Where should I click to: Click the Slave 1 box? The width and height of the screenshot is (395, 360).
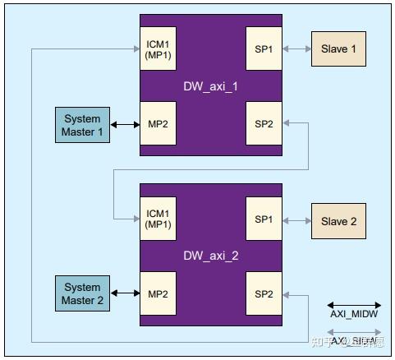coord(338,48)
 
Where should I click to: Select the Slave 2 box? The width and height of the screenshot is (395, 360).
coord(338,220)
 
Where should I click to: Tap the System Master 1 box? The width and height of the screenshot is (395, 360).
coord(83,124)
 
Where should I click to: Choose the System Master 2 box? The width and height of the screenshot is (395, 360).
coord(83,294)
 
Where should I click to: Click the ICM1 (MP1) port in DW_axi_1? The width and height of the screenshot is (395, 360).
coord(158,49)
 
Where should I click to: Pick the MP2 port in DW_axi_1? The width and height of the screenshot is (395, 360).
coord(158,124)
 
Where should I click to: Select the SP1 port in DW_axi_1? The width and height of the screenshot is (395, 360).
coord(264,49)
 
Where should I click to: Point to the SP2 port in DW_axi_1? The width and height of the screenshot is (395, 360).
coord(264,124)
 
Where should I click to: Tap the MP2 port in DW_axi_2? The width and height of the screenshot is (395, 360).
coord(158,293)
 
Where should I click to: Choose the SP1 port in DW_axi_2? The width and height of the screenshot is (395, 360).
coord(264,219)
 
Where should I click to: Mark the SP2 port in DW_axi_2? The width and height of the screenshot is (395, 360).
coord(264,293)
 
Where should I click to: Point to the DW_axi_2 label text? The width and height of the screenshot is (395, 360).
coord(210,256)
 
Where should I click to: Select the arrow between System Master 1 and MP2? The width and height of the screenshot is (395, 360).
coord(125,125)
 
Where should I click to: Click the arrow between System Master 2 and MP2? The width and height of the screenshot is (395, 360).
coord(125,294)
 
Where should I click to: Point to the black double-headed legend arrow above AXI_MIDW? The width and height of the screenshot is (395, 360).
coord(354,305)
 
